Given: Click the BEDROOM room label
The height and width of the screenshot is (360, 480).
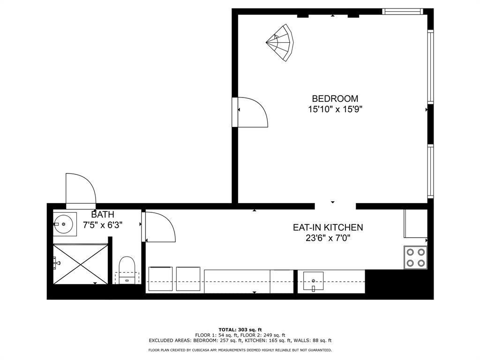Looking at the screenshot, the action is (x=335, y=99).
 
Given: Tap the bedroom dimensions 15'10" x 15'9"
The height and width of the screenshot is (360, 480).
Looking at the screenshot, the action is (x=335, y=110).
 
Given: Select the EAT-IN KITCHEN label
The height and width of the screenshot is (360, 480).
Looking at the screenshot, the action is (x=328, y=227).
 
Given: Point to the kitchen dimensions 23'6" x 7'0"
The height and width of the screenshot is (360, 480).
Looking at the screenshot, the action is (x=328, y=238).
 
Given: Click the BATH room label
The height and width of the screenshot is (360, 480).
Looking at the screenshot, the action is (x=103, y=215).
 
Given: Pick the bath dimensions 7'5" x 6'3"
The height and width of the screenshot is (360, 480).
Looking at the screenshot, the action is (x=103, y=225).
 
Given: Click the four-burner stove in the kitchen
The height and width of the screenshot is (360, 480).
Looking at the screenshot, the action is (x=415, y=257).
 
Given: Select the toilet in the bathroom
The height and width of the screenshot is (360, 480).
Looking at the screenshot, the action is (x=127, y=270).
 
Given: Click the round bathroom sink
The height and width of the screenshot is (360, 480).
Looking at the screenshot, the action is (x=64, y=224).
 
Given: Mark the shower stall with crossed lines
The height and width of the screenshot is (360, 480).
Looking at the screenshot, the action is (x=81, y=264).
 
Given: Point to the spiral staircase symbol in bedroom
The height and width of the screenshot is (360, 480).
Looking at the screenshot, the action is (x=280, y=42).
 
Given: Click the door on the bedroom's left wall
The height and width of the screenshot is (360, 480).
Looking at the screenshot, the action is (x=251, y=112).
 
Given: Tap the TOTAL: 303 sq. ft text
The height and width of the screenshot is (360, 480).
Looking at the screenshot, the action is (x=240, y=329).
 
